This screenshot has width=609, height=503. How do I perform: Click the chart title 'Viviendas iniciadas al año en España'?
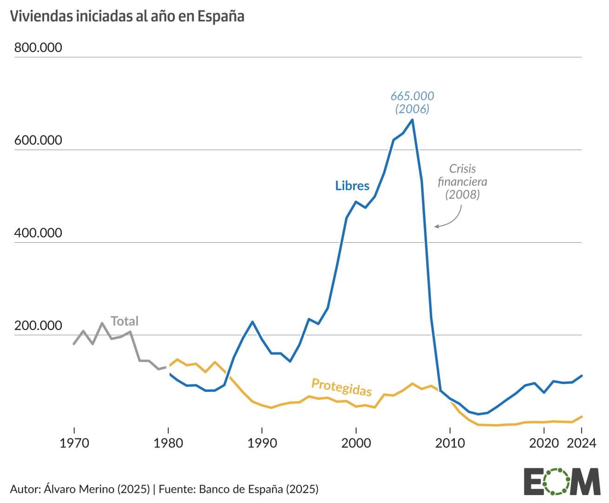127,16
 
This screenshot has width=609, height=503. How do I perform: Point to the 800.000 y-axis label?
38,47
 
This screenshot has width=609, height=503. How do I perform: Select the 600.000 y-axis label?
38,140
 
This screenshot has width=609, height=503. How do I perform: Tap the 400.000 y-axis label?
38,232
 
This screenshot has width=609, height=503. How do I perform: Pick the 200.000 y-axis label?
38,325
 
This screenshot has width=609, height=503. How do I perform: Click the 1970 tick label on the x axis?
74,443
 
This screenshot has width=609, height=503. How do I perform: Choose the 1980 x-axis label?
168,443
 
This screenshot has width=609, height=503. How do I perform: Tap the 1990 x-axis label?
262,443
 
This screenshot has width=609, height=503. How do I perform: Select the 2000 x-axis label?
356,443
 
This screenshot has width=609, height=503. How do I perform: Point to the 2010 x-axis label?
450,443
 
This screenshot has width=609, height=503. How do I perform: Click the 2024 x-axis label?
581,443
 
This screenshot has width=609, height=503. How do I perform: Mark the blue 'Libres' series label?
352,186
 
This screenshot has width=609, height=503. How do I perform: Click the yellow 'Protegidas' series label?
342,387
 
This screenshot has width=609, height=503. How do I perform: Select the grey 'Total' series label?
125,321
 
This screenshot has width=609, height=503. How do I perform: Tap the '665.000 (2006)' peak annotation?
412,102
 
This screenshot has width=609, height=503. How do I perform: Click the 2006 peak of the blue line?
412,120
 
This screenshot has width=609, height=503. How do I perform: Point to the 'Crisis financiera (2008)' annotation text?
462,181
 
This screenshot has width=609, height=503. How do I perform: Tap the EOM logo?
562,482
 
